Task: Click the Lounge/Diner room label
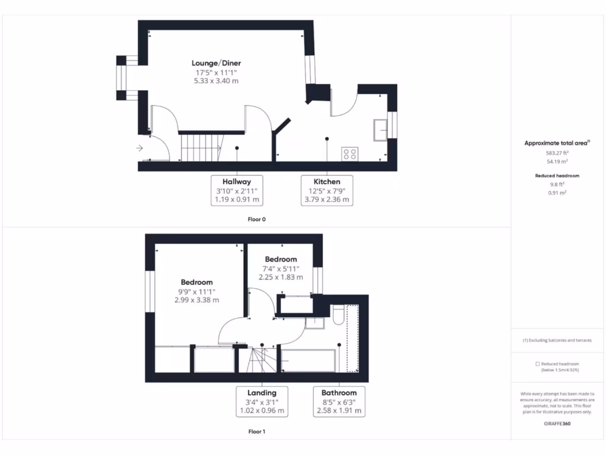[x=216, y=63]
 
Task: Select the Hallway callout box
[x=237, y=191]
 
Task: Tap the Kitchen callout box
[x=327, y=191]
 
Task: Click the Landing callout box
[x=262, y=402]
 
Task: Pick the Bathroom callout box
[x=339, y=402]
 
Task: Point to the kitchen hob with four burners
[x=350, y=153]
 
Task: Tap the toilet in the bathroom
[x=338, y=315]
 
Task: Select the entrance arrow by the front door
[x=140, y=148]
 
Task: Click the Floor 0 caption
[x=257, y=220]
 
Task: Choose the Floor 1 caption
[x=257, y=432]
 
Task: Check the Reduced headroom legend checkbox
[x=537, y=364]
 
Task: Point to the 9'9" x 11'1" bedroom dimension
[x=196, y=291]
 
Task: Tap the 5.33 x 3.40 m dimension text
[x=216, y=81]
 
